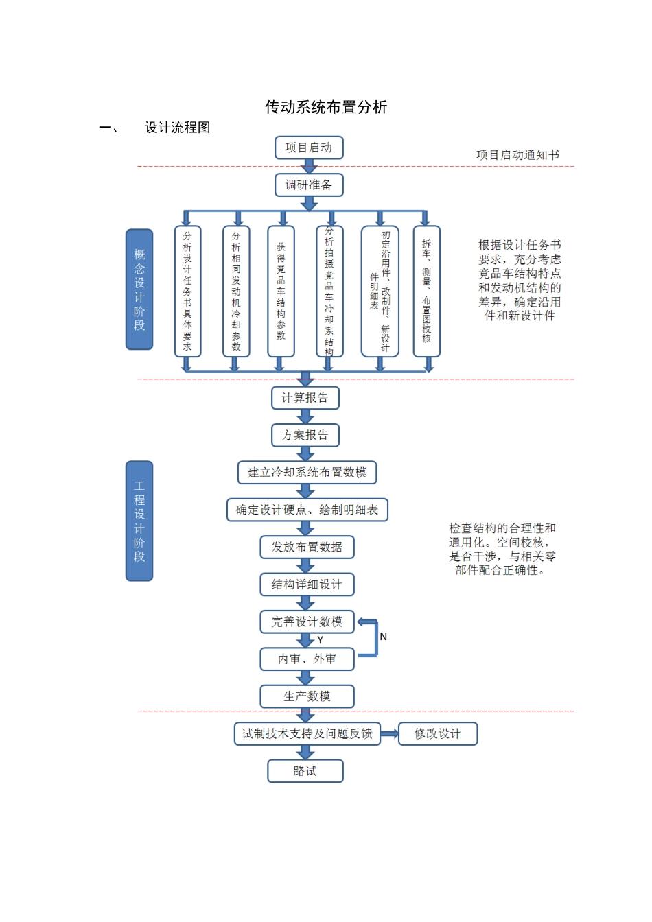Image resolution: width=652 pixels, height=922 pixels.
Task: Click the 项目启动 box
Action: pos(309,147)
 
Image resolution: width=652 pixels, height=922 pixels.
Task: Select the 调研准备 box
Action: pos(309,185)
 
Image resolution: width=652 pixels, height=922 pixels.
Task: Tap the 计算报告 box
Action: pos(305,398)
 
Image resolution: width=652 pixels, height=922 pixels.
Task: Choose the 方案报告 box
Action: pos(305,435)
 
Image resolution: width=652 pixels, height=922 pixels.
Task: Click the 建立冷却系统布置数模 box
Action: pos(307,472)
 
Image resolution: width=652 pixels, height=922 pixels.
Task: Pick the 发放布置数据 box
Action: pos(307,547)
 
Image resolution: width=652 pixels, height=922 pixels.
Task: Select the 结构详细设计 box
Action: pos(307,584)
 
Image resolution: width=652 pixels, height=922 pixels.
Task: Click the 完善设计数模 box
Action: pos(307,622)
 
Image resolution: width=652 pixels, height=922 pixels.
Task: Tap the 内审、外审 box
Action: pos(307,659)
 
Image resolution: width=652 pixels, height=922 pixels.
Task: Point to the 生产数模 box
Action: pos(307,696)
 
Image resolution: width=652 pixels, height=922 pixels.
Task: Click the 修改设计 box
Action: pos(437,733)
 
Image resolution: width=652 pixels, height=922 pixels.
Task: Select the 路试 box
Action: pos(305,771)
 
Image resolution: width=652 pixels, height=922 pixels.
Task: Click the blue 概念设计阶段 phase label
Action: pos(139,289)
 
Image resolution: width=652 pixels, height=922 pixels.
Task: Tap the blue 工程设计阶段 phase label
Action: pos(139,521)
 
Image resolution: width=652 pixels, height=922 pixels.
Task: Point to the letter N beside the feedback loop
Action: pos(384,637)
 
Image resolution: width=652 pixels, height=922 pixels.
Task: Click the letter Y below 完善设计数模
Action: pos(321,640)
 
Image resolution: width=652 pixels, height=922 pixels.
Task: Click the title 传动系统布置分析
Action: pos(326,107)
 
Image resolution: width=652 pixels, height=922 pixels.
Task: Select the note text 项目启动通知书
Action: pos(517,155)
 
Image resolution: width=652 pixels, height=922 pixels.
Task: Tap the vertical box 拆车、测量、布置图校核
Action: pos(426,292)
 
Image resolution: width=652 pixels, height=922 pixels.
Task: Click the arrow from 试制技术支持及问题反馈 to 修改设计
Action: pos(389,733)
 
